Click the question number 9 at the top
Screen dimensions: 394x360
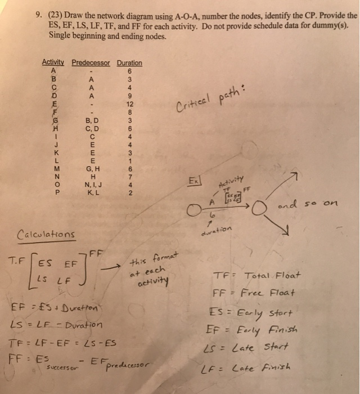click(x=36, y=17)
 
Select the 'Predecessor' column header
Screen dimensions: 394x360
click(x=91, y=63)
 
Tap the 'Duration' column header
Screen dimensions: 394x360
click(x=129, y=63)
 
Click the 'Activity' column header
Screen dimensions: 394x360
click(x=53, y=63)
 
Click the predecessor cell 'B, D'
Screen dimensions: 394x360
click(x=90, y=120)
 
